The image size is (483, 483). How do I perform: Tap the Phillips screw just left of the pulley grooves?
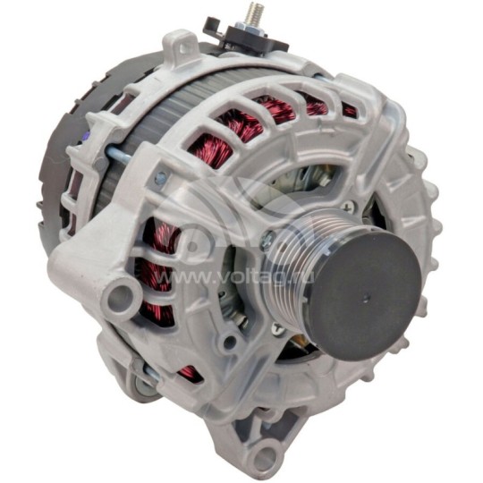(x=268, y=238)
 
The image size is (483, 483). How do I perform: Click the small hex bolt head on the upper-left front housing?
(x=160, y=179)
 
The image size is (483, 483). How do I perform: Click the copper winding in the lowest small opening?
(x=189, y=372)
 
